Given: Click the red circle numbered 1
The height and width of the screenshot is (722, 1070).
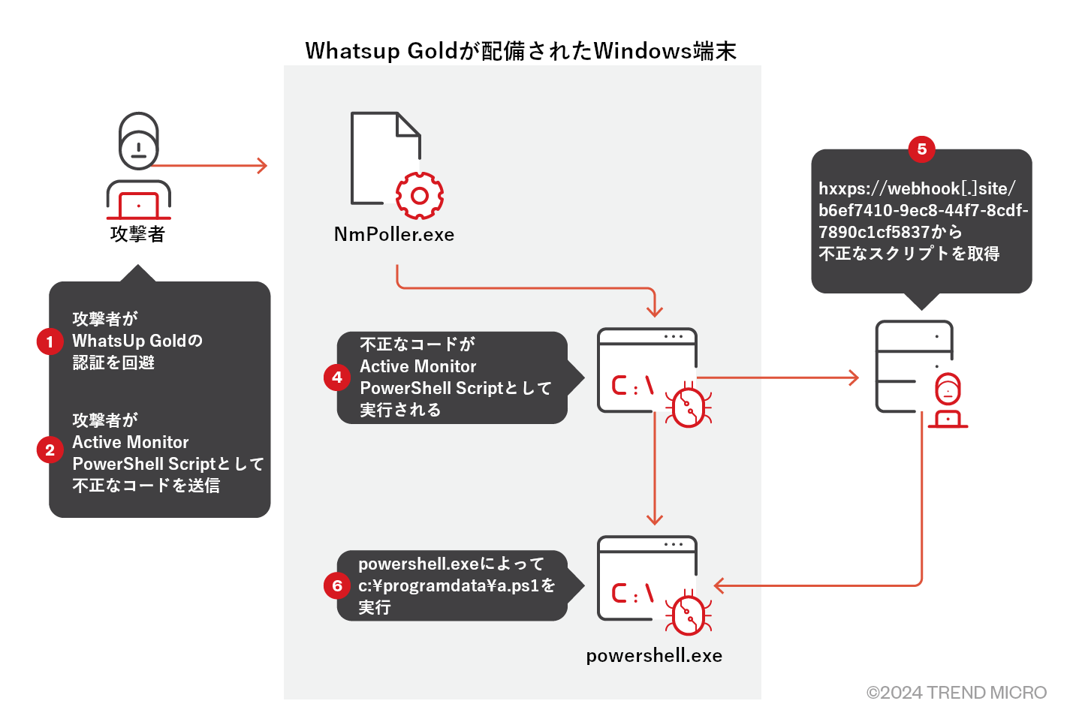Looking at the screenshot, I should pos(50,342).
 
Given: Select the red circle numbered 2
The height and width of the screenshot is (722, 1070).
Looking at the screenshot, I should pos(50,450).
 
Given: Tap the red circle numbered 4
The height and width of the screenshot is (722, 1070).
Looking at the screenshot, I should pos(337,378).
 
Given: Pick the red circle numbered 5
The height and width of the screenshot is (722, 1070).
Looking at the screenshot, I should pos(921,149).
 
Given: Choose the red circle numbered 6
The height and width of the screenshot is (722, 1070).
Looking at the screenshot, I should pos(337,585).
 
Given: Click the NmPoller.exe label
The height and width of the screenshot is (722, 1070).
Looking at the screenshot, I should pos(394,235).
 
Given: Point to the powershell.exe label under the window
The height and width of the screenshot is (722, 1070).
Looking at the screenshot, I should pos(654,656).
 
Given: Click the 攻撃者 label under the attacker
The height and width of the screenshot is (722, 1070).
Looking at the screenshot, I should pos(137,235).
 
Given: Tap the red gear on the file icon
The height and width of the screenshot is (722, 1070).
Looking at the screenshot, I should pos(419,196).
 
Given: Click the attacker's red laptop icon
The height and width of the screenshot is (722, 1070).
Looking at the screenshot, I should pos(139,205).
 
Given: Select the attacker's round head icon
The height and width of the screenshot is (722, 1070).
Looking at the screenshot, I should pos(139,141).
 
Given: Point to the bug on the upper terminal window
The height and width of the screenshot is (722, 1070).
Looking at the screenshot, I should pos(689,407).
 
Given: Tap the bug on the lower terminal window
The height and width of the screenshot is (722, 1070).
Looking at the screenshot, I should pos(689,615).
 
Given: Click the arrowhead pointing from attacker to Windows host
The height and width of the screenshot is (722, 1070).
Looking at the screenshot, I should pos(263,166).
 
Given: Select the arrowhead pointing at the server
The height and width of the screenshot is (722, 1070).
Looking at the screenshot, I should pos(854,378).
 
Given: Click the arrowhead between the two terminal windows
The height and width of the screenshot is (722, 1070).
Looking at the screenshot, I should pos(655,519).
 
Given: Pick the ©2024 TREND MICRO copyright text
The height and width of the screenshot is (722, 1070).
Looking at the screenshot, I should pos(956,693).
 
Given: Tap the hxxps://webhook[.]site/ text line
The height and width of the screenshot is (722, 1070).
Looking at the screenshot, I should pos(917,188).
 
